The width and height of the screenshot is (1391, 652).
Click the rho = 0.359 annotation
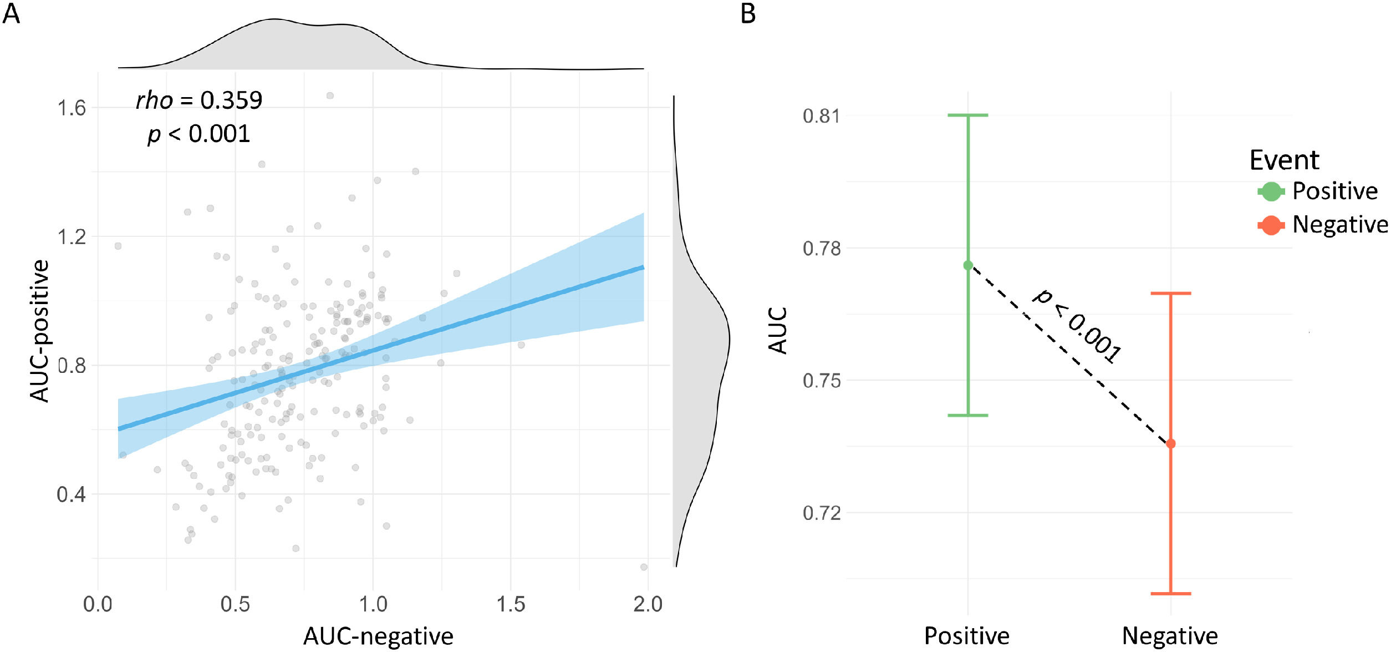(199, 100)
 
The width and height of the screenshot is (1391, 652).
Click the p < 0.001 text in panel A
(199, 134)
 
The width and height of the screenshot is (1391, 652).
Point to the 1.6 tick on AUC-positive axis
(72, 108)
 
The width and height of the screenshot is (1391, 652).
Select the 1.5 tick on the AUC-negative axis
(510, 604)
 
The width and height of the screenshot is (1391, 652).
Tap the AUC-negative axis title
(378, 636)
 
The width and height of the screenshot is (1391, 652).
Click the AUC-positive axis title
(40, 331)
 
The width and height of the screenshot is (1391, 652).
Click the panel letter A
(11, 13)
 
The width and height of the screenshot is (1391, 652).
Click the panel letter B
(748, 13)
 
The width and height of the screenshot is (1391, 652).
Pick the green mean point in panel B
(968, 265)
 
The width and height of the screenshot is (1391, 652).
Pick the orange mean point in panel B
(1171, 444)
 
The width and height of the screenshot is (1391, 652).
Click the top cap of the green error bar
(968, 115)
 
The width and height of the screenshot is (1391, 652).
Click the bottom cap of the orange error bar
(1171, 594)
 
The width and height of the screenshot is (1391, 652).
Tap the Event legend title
(1284, 160)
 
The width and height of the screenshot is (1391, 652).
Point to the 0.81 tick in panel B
(821, 116)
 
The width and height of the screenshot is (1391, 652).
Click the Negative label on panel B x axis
(1170, 636)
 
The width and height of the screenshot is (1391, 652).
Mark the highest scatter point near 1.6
(330, 95)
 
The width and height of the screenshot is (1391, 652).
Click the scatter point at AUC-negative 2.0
(644, 567)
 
